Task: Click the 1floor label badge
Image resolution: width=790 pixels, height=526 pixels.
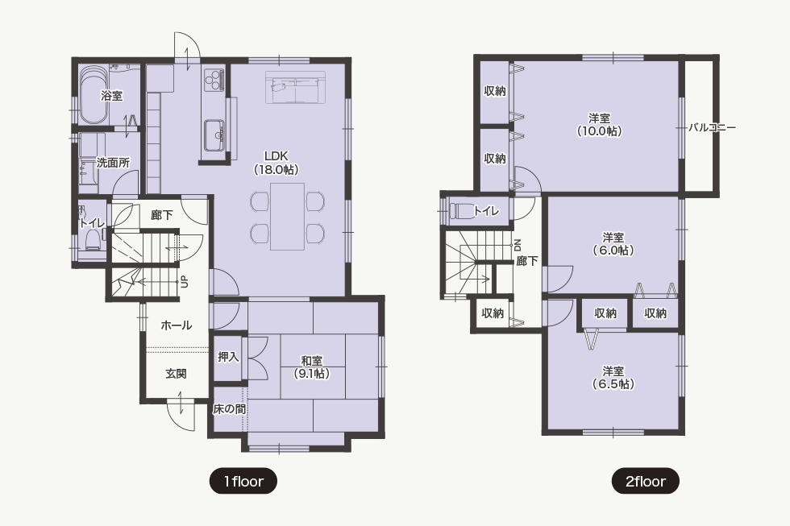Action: (x=243, y=481)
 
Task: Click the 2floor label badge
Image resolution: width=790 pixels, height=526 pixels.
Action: (x=646, y=481)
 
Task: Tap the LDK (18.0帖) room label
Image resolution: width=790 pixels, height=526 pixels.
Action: (x=276, y=163)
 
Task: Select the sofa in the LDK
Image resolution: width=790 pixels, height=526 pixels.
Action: (x=295, y=88)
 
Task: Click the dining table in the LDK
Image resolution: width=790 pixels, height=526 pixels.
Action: (x=287, y=217)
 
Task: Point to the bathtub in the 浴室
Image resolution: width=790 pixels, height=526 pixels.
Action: (x=93, y=95)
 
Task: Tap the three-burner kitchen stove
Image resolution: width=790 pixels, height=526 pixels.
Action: (x=214, y=79)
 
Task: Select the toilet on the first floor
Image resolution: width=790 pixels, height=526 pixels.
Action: (x=92, y=238)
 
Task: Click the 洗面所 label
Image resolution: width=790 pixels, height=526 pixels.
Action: (x=113, y=163)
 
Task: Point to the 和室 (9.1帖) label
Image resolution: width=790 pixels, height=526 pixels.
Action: (x=312, y=367)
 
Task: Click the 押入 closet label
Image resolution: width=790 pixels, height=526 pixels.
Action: (x=228, y=357)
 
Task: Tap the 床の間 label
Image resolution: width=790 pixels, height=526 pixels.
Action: (x=229, y=409)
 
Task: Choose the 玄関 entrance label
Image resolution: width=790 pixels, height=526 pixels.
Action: (x=177, y=374)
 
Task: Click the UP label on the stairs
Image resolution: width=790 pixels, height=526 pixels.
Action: (x=185, y=281)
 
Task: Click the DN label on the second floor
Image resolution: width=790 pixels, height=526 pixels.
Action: (x=517, y=246)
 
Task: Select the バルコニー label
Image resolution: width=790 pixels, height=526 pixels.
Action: (x=713, y=127)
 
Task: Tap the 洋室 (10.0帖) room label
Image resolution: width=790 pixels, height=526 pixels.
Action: (x=599, y=124)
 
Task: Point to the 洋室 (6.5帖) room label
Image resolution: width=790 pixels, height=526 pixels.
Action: (x=613, y=378)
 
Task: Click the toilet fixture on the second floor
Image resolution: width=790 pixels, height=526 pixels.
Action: (x=461, y=210)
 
